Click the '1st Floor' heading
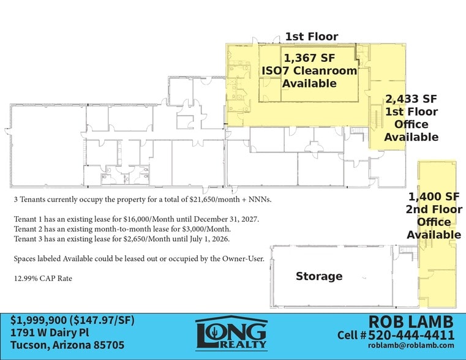tap(311, 37)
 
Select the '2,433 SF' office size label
tap(410, 99)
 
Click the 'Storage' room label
tap(319, 276)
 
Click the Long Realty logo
tap(232, 334)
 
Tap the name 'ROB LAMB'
tap(411, 321)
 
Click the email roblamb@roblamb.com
tap(412, 347)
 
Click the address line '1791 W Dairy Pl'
tap(50, 333)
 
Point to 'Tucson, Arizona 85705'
tap(67, 345)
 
